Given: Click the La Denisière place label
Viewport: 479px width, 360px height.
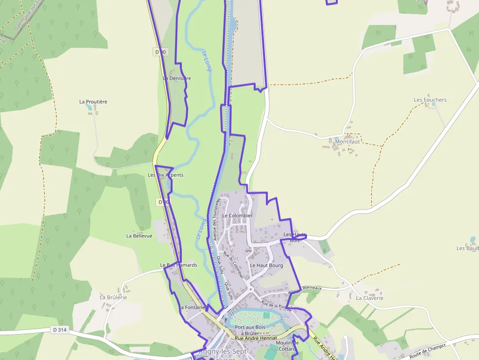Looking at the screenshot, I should click(x=177, y=78).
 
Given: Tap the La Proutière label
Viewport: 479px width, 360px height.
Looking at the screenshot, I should click(x=93, y=102).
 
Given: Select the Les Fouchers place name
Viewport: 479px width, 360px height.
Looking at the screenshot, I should click(x=430, y=100).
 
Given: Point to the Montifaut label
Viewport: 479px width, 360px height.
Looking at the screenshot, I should click(x=348, y=142).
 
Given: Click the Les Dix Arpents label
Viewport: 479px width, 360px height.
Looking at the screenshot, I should click(x=166, y=175).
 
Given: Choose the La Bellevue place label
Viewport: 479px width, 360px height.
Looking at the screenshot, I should click(x=139, y=235).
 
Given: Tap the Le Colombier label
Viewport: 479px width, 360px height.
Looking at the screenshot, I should click(x=237, y=215).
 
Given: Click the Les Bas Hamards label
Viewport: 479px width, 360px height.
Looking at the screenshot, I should click(x=178, y=265).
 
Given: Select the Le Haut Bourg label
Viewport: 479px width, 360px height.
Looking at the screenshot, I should click(x=266, y=265).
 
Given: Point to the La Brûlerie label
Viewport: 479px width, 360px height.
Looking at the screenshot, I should click(x=113, y=297).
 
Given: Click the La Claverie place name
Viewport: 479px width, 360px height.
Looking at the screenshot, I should click(x=370, y=298).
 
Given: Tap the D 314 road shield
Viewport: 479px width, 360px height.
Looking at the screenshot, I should click(x=59, y=330).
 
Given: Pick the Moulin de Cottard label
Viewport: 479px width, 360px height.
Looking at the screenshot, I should click(x=287, y=345).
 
